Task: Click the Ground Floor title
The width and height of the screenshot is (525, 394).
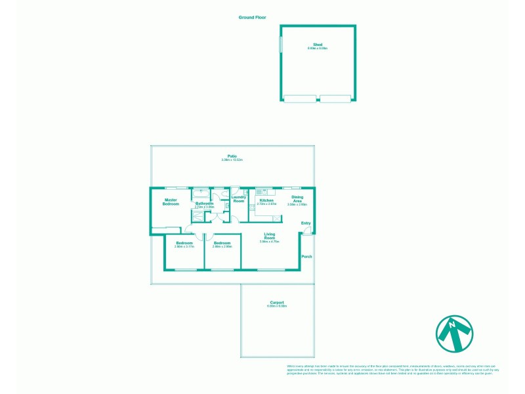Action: pos(252,18)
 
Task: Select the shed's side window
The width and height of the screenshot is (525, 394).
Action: pos(282,45)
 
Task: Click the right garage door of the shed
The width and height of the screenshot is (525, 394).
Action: pos(336,99)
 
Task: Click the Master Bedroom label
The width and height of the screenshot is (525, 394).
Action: pos(171,202)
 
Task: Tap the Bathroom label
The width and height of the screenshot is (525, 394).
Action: pos(204,204)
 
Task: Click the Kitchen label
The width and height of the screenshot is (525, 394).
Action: pos(266,200)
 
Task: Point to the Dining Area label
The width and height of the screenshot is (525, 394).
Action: pos(297,199)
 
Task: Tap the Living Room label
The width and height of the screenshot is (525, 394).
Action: pos(269,236)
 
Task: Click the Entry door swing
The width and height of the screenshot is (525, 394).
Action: pos(306,231)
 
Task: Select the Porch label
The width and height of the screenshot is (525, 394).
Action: pos(306,256)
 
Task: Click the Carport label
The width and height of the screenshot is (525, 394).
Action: pos(276,303)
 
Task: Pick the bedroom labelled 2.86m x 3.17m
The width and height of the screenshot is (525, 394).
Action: pos(184,244)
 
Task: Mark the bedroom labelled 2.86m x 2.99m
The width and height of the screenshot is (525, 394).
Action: pos(222,244)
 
